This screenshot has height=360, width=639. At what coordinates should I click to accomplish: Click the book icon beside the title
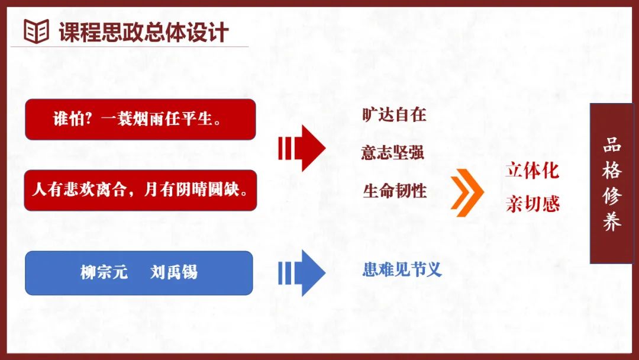pos(36,31)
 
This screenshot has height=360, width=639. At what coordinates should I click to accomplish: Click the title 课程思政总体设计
pos(143,32)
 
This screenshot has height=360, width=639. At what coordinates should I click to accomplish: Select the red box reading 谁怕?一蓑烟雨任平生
pos(141,120)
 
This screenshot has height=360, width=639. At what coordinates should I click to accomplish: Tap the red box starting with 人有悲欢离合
pos(141,191)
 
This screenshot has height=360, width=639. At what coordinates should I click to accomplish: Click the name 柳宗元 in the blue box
pos(104,272)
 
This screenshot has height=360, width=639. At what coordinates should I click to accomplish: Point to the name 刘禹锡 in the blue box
pos(173,272)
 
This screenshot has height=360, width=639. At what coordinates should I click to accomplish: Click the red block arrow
pos(302,149)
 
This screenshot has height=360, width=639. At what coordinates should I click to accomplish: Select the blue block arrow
pos(302,273)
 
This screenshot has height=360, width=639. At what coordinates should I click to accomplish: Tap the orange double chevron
pos(467,192)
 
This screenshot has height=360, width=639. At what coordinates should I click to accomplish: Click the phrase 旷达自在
pos(394,115)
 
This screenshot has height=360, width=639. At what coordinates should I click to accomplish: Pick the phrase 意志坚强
pos(393,153)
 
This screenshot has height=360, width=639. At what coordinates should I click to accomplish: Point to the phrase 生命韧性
pos(395,191)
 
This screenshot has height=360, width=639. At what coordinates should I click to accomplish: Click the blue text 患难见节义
pos(402,269)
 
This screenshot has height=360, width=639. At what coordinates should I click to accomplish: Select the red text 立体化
pos(532,171)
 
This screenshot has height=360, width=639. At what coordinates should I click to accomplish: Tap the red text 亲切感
pos(532,204)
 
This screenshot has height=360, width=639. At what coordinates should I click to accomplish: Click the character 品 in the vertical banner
pos(612,145)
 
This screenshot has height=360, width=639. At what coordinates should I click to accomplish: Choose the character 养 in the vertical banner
pos(612,222)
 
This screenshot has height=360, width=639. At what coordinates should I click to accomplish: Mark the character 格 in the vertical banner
pos(612,171)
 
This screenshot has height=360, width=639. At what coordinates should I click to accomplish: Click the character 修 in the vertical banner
pos(612,196)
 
